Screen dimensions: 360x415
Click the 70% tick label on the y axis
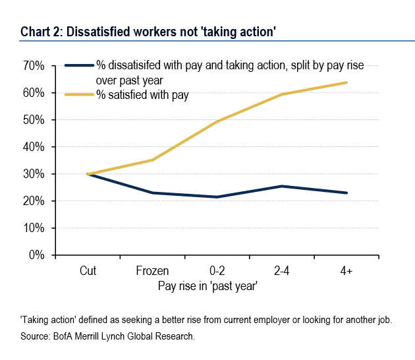pyautogui.click(x=33, y=66)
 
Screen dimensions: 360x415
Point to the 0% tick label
pyautogui.click(x=36, y=255)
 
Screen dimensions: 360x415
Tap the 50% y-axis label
pyautogui.click(x=33, y=120)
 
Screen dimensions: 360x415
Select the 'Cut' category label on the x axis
pyautogui.click(x=88, y=270)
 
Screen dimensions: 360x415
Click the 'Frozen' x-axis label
pyautogui.click(x=152, y=270)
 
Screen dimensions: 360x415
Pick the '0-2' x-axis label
pyautogui.click(x=217, y=270)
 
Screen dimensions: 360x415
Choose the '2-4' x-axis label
pyautogui.click(x=281, y=270)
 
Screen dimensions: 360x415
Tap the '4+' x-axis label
pyautogui.click(x=346, y=270)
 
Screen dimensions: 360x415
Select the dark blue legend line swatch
pyautogui.click(x=79, y=66)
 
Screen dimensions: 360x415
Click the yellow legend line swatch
pyautogui.click(x=79, y=96)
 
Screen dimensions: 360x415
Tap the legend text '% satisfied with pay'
pyautogui.click(x=142, y=96)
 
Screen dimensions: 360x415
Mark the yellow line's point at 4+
pyautogui.click(x=346, y=82)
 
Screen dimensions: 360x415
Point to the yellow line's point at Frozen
pyautogui.click(x=152, y=160)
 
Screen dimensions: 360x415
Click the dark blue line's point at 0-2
pyautogui.click(x=217, y=197)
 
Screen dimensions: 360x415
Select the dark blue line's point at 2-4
pyautogui.click(x=281, y=186)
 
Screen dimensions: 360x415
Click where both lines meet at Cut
pyautogui.click(x=88, y=174)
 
